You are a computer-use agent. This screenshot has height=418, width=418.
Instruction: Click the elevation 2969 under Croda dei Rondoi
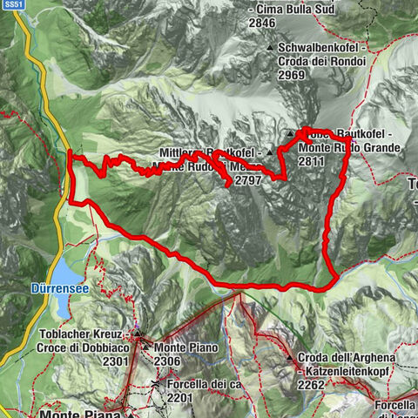coord(293,76)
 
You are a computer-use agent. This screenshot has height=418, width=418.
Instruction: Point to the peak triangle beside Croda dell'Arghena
coord(290,357)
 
